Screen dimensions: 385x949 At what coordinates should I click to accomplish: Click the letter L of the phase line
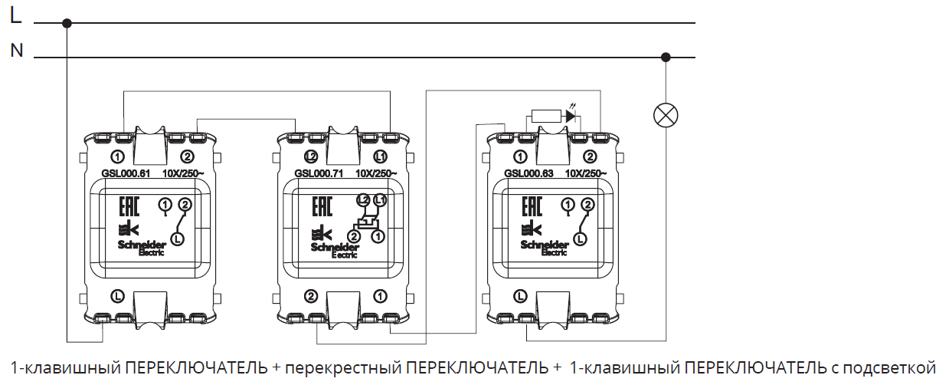15,17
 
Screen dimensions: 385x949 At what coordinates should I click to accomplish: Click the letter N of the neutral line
16,51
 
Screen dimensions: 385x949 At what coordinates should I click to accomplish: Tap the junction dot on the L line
67,23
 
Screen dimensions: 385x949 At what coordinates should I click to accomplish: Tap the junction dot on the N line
666,57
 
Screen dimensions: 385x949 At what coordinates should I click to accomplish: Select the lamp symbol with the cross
666,116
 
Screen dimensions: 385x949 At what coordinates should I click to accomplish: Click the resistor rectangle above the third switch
545,117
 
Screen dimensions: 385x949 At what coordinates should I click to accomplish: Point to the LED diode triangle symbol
570,117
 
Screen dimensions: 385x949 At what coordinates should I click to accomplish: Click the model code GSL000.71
316,173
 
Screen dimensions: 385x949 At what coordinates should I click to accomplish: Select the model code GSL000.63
528,173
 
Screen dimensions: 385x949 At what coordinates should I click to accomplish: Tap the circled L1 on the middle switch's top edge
381,157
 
